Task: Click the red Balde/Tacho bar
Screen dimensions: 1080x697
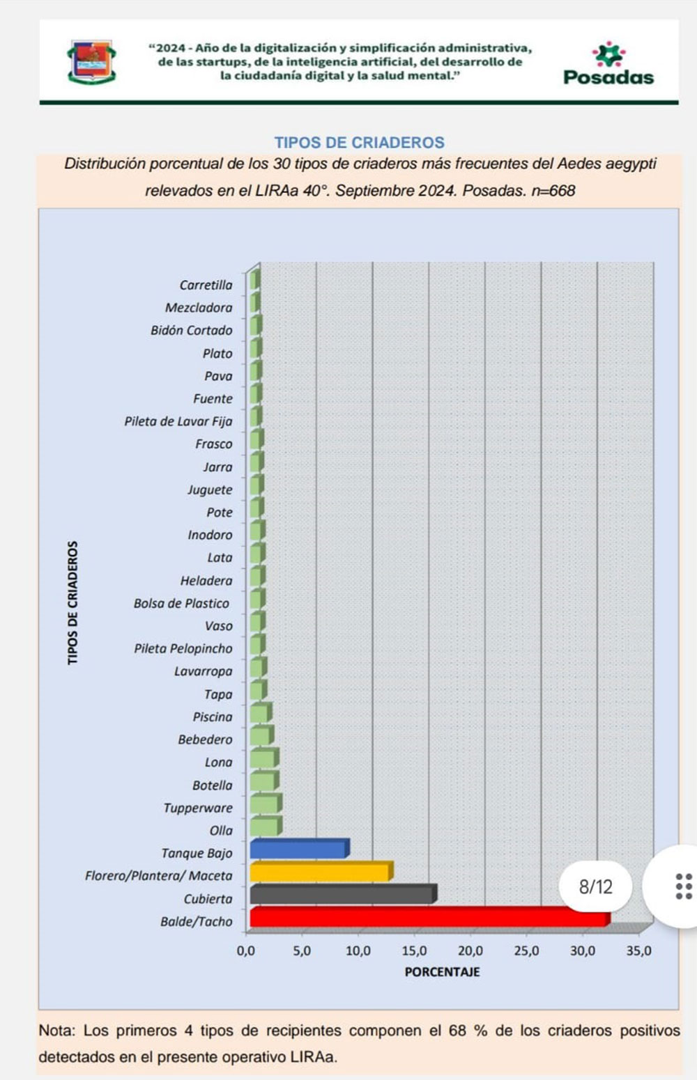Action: [428, 918]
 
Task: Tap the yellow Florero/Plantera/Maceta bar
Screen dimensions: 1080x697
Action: [320, 872]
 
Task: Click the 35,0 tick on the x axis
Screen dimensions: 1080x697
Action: [638, 950]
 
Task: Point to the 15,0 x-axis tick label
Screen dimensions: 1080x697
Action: [415, 950]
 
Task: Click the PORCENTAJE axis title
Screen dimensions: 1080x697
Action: [442, 972]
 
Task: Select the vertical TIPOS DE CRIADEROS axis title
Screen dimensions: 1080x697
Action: [72, 602]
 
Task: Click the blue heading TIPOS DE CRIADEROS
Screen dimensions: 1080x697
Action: [359, 143]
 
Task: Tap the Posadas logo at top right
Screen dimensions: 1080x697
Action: [608, 63]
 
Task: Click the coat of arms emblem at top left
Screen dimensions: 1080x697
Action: [91, 61]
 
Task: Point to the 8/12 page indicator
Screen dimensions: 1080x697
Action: [595, 886]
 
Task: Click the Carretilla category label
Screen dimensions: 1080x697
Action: [206, 285]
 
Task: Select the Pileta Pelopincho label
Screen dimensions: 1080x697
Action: [183, 648]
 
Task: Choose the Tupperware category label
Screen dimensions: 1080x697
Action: [198, 808]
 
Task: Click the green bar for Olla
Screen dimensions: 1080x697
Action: [265, 827]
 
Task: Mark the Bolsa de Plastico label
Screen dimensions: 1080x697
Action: [181, 603]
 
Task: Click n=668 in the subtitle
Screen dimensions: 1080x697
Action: [553, 191]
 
